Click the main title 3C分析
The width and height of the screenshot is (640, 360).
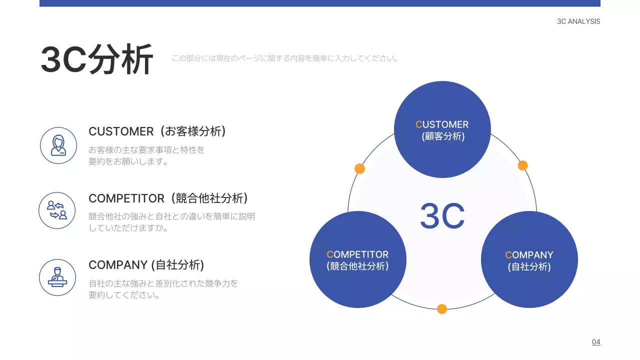coord(96,60)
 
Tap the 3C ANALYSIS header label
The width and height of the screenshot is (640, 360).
coord(578,21)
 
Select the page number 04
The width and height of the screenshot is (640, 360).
coord(596,342)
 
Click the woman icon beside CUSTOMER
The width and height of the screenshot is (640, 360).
coord(58,145)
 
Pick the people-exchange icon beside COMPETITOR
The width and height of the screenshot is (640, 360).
coord(57,210)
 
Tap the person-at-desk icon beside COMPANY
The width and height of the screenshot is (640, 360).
coord(57,277)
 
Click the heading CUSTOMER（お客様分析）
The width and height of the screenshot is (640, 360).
coord(157,131)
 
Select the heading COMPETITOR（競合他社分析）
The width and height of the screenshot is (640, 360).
coord(168,198)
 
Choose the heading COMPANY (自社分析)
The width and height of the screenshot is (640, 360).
coord(146,265)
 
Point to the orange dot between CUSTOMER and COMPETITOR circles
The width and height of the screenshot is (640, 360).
coord(359,168)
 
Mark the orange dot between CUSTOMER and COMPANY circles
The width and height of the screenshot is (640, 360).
coord(522,165)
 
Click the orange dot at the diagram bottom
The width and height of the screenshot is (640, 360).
coord(442,309)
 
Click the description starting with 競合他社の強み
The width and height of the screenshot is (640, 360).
coord(171,222)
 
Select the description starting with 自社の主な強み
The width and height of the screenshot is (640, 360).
coord(163,289)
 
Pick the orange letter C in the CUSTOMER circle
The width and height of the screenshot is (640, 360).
coord(419,124)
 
